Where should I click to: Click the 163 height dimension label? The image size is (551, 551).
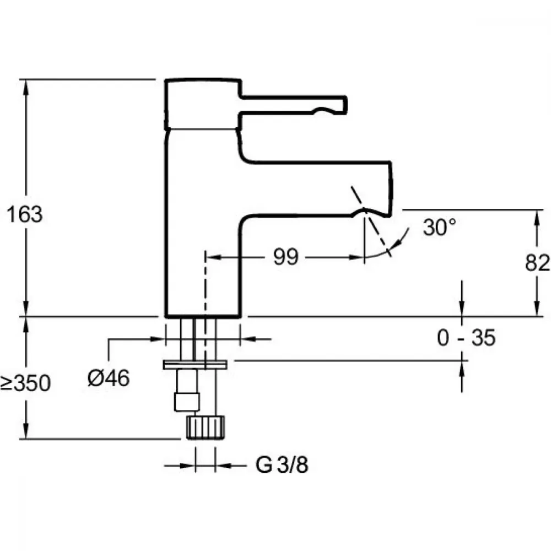[24, 214]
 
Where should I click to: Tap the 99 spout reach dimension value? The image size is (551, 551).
[286, 257]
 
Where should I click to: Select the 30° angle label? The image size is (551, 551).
[440, 227]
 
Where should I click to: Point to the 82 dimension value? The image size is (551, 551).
[538, 262]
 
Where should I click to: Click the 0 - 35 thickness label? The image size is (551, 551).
[466, 338]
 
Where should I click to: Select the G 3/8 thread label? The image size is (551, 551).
[282, 466]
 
